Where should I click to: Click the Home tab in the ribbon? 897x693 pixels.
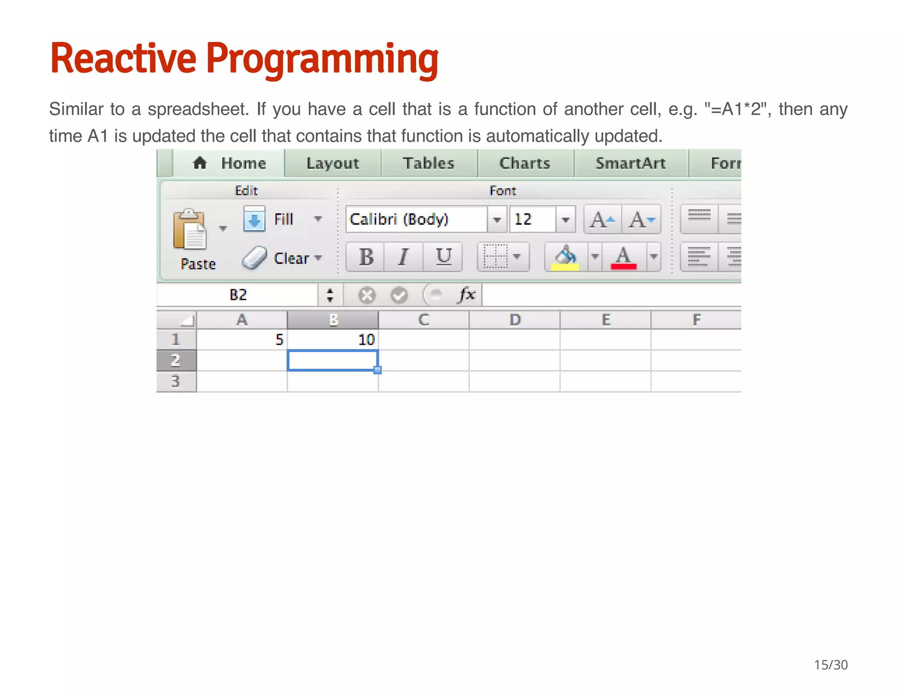[x=230, y=163]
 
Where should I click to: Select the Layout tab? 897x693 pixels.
[x=332, y=163]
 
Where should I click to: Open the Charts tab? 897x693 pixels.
[x=525, y=163]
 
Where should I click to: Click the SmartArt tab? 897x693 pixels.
[x=630, y=163]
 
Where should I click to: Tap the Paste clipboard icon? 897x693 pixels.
[x=189, y=230]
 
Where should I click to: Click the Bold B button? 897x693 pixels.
[x=366, y=257]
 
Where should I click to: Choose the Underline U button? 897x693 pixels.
[x=443, y=257]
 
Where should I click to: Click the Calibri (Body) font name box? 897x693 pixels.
[x=416, y=219]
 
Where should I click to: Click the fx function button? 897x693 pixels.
[x=467, y=294]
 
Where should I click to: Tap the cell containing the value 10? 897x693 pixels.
[x=333, y=339]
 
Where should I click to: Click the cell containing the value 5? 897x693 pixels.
[x=242, y=339]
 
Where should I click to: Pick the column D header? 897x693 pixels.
[x=515, y=320]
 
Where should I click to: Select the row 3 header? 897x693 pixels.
[x=176, y=381]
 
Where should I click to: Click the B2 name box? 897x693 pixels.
[x=238, y=295]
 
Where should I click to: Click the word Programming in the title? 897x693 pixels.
[x=322, y=59]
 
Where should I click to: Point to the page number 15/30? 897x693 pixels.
[x=830, y=665]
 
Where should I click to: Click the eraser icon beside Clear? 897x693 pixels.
[x=254, y=258]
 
